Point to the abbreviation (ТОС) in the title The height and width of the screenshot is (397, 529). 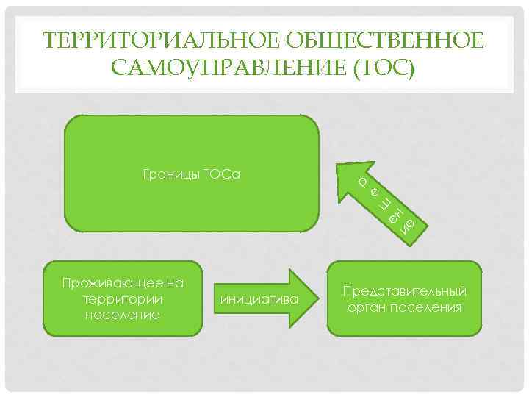(382, 68)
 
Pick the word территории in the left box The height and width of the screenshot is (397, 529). (123, 299)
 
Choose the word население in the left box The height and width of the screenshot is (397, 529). (123, 315)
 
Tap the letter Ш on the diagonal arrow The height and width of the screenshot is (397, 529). (385, 204)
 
